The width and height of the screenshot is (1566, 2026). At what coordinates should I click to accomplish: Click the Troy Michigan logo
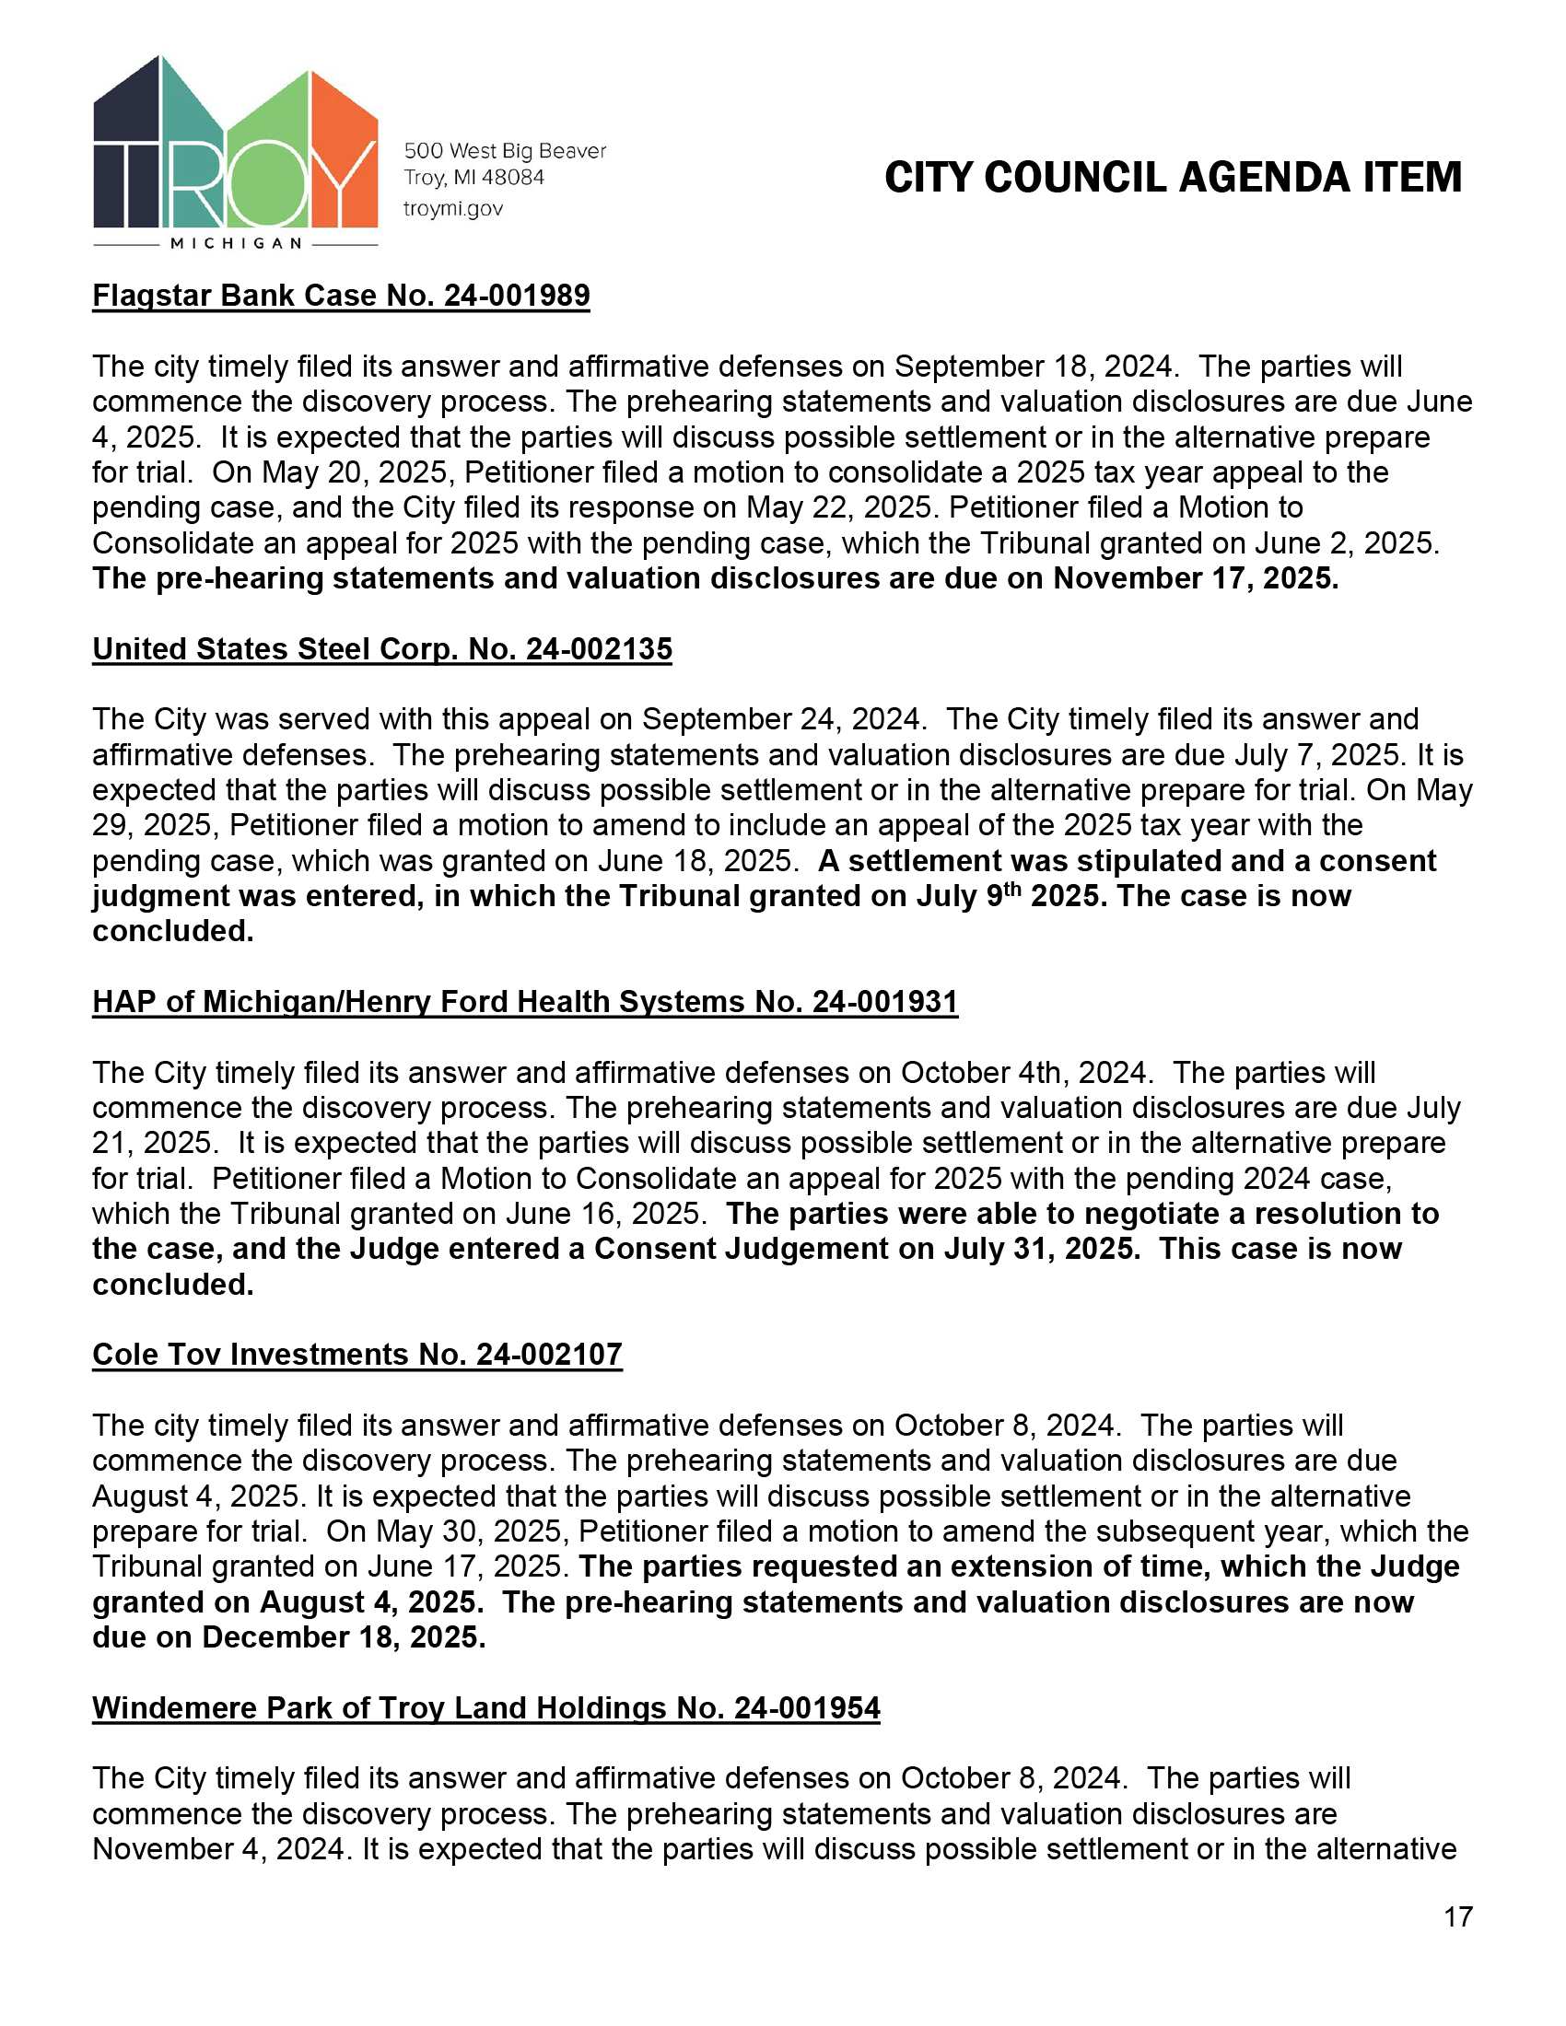click(x=236, y=148)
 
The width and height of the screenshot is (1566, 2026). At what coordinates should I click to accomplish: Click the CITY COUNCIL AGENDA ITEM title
click(x=1173, y=177)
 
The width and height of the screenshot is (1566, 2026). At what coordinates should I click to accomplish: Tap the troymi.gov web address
click(x=452, y=209)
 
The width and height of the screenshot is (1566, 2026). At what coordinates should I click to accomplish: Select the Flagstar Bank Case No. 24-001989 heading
click(x=341, y=296)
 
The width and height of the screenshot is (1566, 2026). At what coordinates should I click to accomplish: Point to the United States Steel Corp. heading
click(x=381, y=649)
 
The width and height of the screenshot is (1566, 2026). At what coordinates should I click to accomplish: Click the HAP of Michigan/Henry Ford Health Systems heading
click(x=524, y=1002)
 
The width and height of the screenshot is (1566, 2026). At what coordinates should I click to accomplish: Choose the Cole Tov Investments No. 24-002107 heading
click(x=356, y=1355)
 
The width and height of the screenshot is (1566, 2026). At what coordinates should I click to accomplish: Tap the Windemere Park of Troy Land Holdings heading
click(x=485, y=1707)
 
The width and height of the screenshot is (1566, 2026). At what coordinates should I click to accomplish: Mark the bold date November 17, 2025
click(x=1195, y=579)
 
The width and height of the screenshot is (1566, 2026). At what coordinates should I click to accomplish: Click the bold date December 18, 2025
click(x=344, y=1637)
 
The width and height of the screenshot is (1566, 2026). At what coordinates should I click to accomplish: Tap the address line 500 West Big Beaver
click(x=505, y=151)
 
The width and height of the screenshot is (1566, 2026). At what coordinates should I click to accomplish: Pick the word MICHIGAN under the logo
click(x=236, y=244)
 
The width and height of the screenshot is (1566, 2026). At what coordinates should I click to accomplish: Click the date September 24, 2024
click(x=783, y=720)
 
